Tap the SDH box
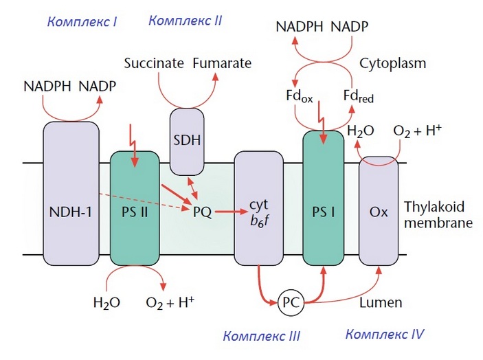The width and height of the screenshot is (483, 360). [187, 141]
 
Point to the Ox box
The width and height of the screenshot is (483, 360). [379, 213]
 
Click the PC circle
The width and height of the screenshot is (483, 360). [289, 302]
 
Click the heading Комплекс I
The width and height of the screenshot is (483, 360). [82, 21]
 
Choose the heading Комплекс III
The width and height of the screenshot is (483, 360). [261, 336]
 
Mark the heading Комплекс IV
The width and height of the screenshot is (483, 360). [384, 335]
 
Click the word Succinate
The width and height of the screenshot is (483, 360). [154, 64]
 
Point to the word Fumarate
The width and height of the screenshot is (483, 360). [221, 64]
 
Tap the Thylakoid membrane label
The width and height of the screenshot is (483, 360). [438, 214]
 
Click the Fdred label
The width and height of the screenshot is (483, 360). [359, 97]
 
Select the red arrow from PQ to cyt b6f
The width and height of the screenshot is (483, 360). [223, 212]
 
